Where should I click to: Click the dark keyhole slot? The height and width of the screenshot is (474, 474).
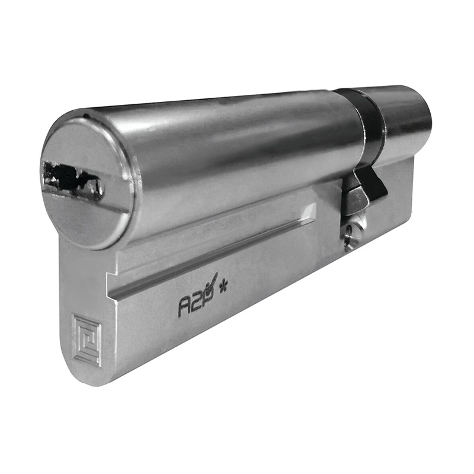[72, 180]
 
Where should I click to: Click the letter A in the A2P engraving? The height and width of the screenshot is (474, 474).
[184, 308]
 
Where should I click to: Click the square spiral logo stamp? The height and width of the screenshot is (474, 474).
[87, 340]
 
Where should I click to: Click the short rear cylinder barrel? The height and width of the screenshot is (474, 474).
[405, 118]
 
